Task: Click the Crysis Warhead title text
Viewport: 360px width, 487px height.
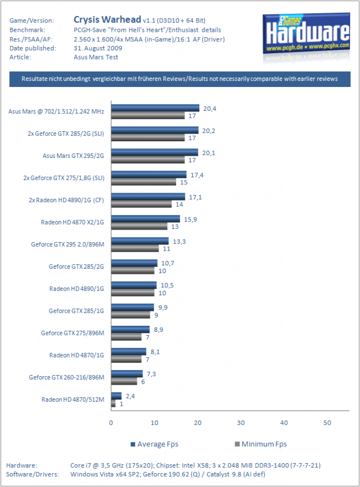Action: coord(107,19)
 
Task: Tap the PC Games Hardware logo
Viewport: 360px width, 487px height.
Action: coord(306,37)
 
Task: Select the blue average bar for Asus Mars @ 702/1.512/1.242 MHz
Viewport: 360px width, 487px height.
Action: coord(155,108)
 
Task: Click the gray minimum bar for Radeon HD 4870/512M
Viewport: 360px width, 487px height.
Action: coord(113,404)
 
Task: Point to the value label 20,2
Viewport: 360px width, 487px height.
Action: coord(208,131)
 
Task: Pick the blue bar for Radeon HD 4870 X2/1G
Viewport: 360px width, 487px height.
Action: coord(146,219)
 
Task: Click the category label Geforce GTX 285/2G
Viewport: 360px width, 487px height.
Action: coord(76,266)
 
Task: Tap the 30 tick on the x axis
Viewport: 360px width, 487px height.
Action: coord(241,423)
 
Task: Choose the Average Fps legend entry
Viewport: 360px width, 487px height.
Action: coord(155,444)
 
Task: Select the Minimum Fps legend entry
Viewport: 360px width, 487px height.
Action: coord(261,444)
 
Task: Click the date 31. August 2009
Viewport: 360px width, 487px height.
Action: coord(98,48)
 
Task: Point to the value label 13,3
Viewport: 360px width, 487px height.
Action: coord(179,241)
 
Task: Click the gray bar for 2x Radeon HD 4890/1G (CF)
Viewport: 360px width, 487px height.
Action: coord(141,204)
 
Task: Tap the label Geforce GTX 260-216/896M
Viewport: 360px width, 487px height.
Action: coord(67,377)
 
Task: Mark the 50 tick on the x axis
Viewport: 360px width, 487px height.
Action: coord(327,423)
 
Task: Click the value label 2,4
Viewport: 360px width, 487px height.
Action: coord(130,396)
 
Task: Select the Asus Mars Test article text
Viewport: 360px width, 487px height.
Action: coord(96,57)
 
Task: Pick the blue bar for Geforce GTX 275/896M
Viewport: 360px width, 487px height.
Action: coord(130,329)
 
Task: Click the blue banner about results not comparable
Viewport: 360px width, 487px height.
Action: coord(180,79)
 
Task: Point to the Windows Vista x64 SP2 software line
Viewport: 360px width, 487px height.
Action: coord(168,474)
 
